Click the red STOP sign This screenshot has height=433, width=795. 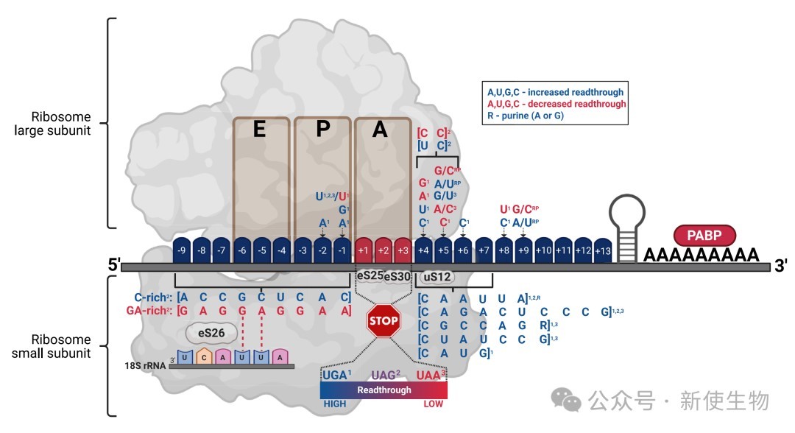pos(384,321)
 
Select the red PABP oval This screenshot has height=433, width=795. pos(704,236)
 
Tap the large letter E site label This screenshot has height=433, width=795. pos(259,130)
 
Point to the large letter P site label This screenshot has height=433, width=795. pos(322,130)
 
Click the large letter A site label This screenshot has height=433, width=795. pos(380,130)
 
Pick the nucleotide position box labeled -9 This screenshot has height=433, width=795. pos(181,250)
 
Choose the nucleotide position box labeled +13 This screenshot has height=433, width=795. pos(603,250)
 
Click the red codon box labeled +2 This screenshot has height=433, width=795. pos(384,250)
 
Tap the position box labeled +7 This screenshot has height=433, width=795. pos(484,250)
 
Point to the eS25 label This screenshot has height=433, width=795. pos(369,276)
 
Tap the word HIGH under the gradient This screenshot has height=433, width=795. pos(335,404)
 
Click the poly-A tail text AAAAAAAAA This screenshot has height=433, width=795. pos(701,256)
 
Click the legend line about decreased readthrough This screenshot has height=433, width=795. pos(556,104)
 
